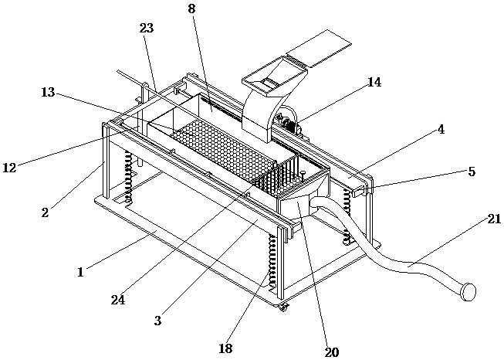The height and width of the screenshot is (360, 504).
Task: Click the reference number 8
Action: (191, 8)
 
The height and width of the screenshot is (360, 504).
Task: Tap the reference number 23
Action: (147, 29)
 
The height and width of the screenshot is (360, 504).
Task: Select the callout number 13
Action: (48, 93)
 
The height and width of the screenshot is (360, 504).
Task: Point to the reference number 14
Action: (374, 83)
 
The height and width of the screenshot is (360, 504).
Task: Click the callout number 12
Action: (9, 168)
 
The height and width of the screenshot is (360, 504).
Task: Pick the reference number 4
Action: (441, 130)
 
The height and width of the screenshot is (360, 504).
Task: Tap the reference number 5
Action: (472, 172)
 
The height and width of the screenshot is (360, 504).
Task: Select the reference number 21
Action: (495, 219)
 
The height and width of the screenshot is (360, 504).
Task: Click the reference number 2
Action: (46, 212)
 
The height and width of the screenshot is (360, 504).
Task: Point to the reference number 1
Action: (81, 272)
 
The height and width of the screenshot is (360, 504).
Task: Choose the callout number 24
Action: (118, 300)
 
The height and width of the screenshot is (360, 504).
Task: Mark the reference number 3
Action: (157, 321)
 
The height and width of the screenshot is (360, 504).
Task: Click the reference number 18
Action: (225, 348)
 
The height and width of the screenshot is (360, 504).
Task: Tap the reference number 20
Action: (332, 352)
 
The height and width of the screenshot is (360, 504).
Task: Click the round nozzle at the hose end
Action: (468, 292)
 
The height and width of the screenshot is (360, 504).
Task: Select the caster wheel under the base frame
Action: (282, 308)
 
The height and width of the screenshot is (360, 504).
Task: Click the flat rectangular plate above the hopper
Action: (318, 48)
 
